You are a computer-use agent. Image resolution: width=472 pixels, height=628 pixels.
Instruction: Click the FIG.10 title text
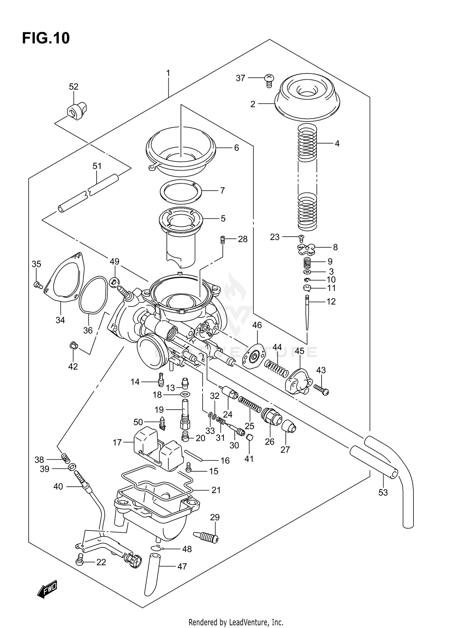(46, 38)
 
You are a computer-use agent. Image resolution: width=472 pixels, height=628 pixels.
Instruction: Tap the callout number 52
(74, 87)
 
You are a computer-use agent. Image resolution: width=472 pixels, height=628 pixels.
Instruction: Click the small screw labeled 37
(268, 81)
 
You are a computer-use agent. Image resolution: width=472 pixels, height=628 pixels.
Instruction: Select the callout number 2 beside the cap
(253, 104)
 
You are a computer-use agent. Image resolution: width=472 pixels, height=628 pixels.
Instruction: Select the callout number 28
(243, 239)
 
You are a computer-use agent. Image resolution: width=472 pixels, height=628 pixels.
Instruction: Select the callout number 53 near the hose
(383, 492)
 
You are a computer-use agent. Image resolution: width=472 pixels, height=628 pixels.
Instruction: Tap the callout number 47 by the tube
(182, 567)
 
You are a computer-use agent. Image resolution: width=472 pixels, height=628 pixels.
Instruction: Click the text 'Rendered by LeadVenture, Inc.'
(236, 622)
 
